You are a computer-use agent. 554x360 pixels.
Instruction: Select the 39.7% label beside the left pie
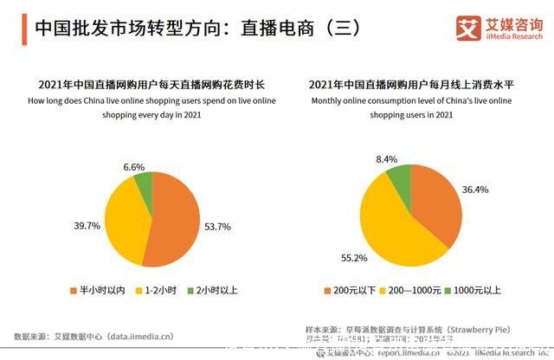pyautogui.click(x=87, y=226)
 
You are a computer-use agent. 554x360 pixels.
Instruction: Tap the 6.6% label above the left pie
pyautogui.click(x=134, y=166)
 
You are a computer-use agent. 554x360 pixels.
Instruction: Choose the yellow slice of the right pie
pyautogui.click(x=390, y=225)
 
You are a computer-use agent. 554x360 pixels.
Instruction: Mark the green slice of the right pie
pyautogui.click(x=399, y=177)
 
